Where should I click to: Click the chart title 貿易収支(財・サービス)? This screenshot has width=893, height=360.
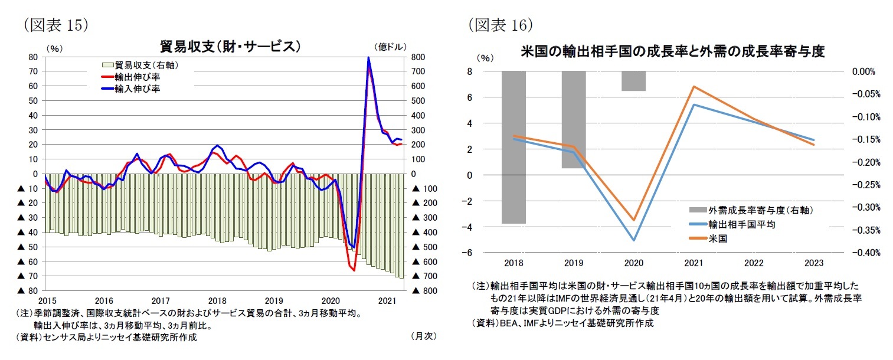[231, 47]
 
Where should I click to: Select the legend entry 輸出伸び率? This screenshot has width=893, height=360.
[138, 77]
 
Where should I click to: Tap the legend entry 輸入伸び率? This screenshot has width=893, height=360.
[138, 89]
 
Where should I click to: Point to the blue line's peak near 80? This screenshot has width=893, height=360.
[368, 58]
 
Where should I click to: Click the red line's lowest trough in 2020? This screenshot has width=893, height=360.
[353, 270]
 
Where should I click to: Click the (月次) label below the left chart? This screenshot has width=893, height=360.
[423, 336]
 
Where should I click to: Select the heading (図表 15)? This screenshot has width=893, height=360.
[56, 24]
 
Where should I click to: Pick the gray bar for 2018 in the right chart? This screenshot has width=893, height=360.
[513, 147]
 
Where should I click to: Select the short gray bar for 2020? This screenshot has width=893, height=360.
[633, 81]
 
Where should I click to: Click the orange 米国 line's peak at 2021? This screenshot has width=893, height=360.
[694, 86]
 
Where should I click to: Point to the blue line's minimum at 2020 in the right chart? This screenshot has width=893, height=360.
[634, 240]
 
